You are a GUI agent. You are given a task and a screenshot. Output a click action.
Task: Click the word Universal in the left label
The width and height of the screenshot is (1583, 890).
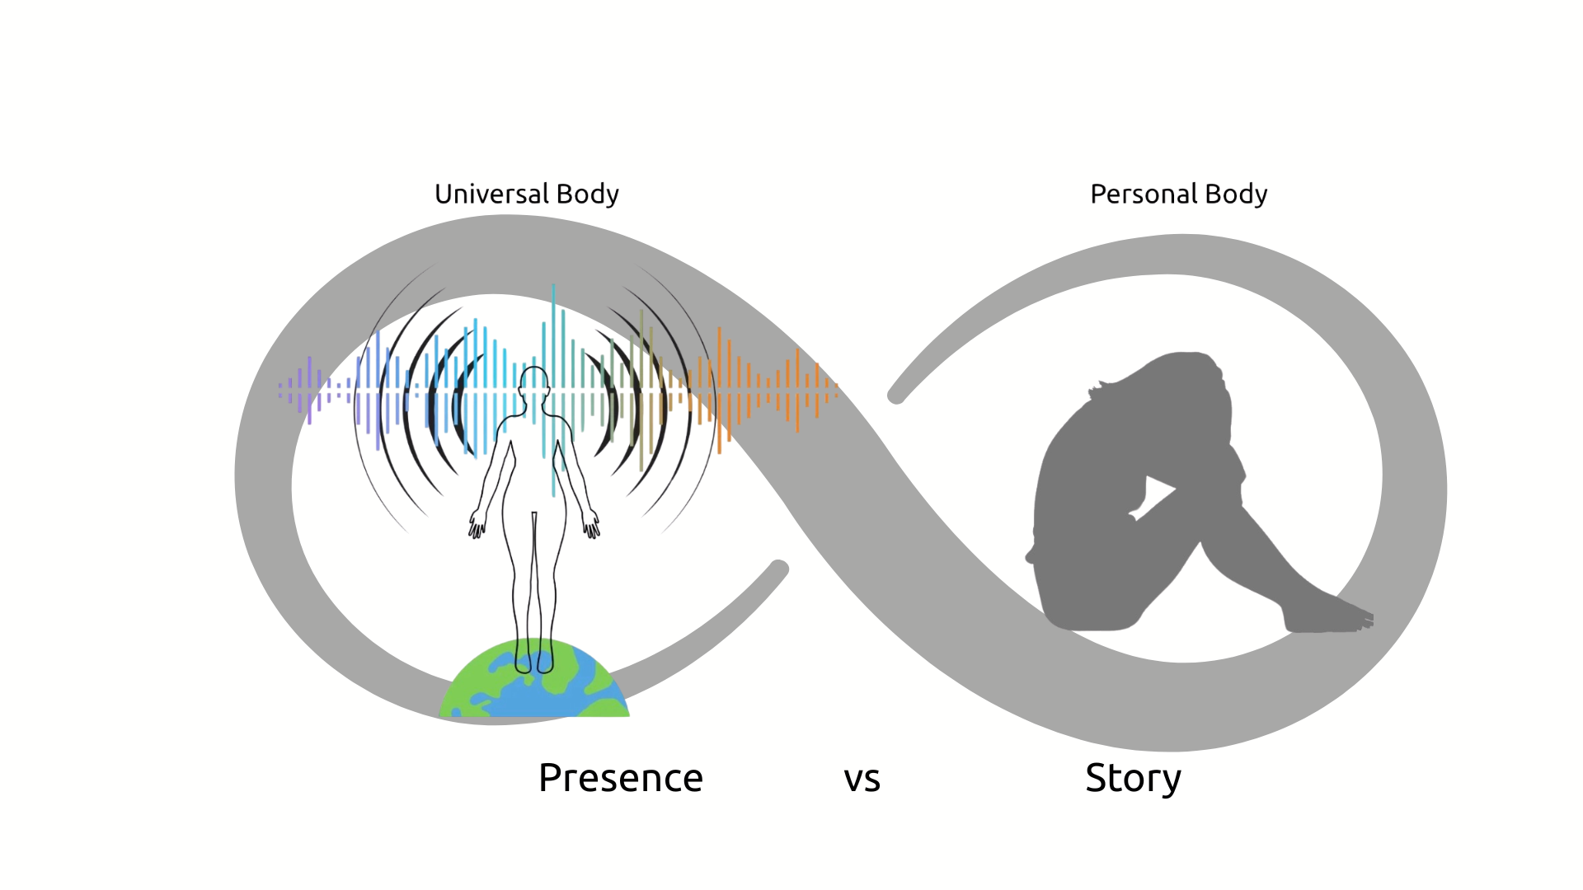pos(491,194)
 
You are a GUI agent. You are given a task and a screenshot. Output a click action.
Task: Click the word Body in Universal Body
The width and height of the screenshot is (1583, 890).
pos(587,194)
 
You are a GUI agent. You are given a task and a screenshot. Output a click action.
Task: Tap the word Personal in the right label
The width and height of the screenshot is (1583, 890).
pos(1144,194)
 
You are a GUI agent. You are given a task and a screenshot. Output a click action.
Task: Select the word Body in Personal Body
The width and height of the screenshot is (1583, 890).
pos(1236,194)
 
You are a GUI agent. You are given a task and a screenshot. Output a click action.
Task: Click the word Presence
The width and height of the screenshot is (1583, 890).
pos(620,778)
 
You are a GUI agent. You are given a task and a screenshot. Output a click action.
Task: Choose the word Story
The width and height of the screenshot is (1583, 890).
pos(1133,779)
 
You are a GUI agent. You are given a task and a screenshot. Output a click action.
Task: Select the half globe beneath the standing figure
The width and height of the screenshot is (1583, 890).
pos(534,684)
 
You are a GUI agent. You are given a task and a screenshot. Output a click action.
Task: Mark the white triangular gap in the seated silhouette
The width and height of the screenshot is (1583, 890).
pos(1157,493)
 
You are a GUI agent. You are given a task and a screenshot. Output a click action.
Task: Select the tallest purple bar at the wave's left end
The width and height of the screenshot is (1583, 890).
pos(309,390)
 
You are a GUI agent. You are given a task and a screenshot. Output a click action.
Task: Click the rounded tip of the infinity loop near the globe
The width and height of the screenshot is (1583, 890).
pos(778,569)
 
